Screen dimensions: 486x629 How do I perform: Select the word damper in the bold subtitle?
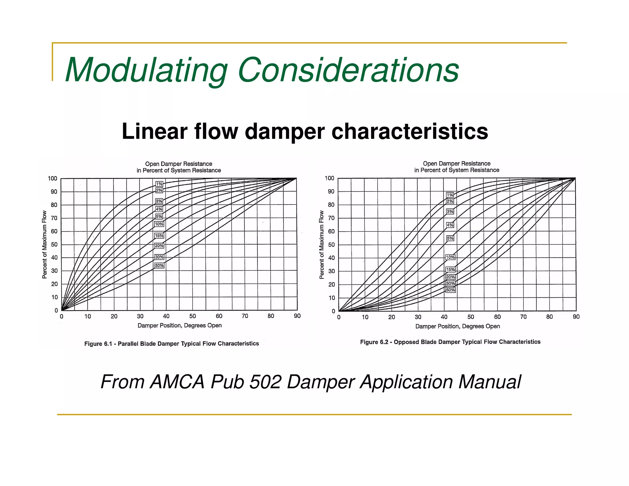point(284,131)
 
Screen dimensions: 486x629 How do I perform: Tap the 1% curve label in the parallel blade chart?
point(159,184)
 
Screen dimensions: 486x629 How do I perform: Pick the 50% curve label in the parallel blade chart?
point(159,265)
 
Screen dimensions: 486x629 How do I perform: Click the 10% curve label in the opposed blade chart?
point(450,257)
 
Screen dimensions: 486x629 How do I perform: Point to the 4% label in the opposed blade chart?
point(450,225)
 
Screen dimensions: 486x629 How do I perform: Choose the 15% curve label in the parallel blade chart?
point(159,236)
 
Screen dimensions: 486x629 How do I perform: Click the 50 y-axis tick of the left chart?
point(54,245)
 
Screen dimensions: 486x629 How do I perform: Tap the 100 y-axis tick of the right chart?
point(329,178)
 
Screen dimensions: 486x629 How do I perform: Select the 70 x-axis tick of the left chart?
point(245,316)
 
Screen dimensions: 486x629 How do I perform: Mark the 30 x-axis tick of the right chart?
point(418,317)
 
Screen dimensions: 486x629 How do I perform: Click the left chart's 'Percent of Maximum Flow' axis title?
point(45,245)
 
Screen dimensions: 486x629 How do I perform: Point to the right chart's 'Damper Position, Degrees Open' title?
point(457,326)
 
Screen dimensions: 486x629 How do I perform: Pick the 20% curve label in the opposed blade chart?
point(450,277)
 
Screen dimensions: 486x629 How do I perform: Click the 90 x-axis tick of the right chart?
point(576,317)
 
